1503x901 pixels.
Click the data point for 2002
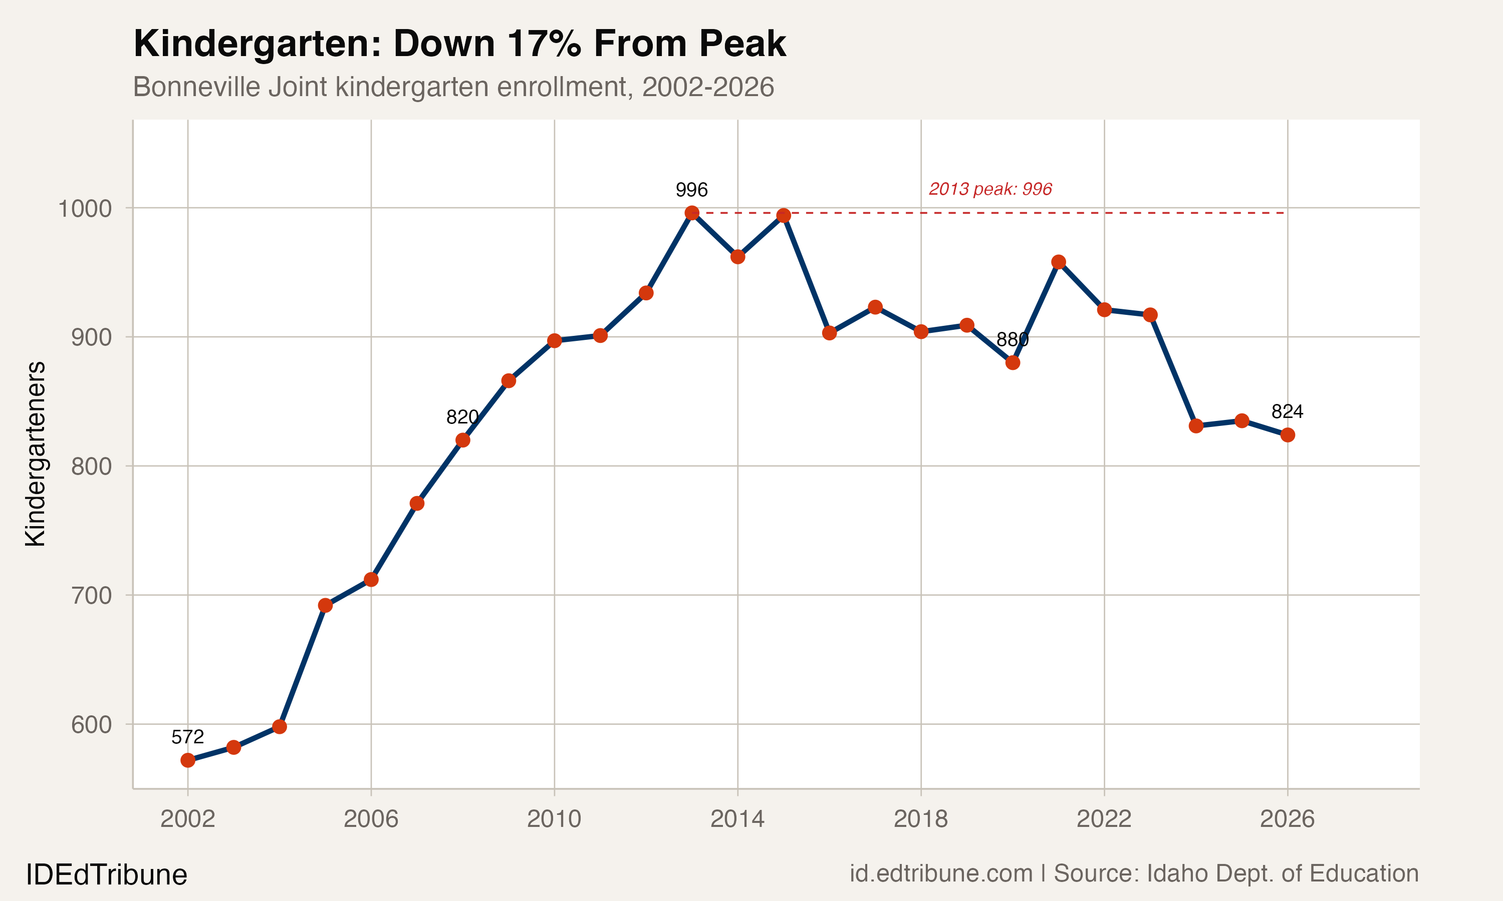(x=188, y=760)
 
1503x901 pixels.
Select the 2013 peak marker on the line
(x=692, y=213)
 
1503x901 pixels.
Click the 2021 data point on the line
(x=1058, y=262)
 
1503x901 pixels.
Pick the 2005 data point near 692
(x=325, y=605)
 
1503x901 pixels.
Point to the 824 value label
(x=1288, y=411)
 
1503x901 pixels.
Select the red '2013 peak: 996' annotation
(x=990, y=189)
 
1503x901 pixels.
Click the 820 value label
(x=462, y=417)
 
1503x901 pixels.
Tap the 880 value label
(x=1012, y=339)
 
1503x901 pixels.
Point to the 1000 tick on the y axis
(x=85, y=209)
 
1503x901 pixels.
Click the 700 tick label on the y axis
(x=92, y=596)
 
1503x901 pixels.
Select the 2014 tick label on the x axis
(x=737, y=819)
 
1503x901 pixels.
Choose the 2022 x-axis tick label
(x=1104, y=819)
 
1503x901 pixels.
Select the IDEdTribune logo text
(x=106, y=875)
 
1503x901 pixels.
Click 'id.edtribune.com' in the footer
(x=940, y=873)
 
